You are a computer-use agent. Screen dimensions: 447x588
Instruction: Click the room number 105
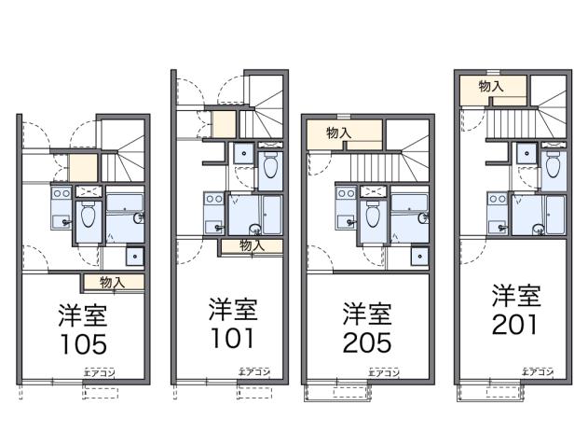tap(84, 345)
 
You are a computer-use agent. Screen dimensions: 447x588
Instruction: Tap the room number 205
tap(367, 342)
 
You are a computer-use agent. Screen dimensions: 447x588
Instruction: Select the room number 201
tap(515, 326)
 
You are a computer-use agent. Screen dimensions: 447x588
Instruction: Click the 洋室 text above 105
tap(84, 314)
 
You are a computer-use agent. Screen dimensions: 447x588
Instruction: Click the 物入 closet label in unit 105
tap(113, 281)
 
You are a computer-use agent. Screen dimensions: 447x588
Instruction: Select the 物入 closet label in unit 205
tap(339, 133)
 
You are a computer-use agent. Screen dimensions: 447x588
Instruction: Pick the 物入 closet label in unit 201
tap(491, 86)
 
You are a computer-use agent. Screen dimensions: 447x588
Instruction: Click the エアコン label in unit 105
tap(97, 372)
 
